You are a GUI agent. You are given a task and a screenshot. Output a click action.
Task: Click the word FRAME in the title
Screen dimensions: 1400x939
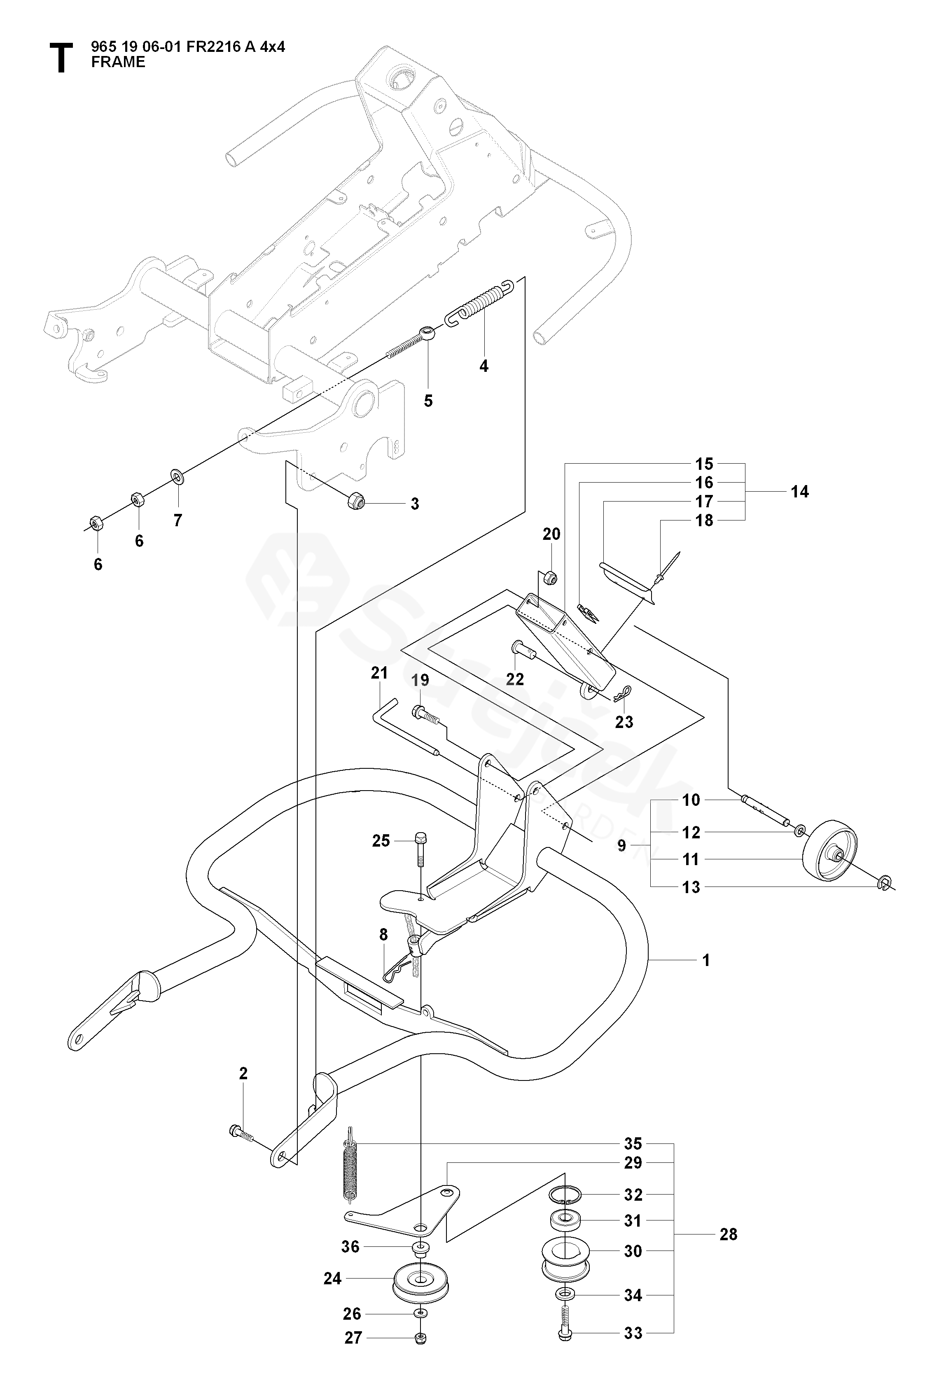(x=118, y=62)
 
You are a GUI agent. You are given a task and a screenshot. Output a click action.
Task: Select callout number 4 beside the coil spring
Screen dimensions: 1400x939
(x=484, y=366)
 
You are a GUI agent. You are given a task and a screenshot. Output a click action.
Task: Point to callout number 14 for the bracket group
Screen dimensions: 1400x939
(x=799, y=492)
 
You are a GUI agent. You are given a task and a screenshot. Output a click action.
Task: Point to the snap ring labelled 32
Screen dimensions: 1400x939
(x=564, y=1194)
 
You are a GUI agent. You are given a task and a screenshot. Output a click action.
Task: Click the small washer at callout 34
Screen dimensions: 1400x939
(x=564, y=1295)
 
